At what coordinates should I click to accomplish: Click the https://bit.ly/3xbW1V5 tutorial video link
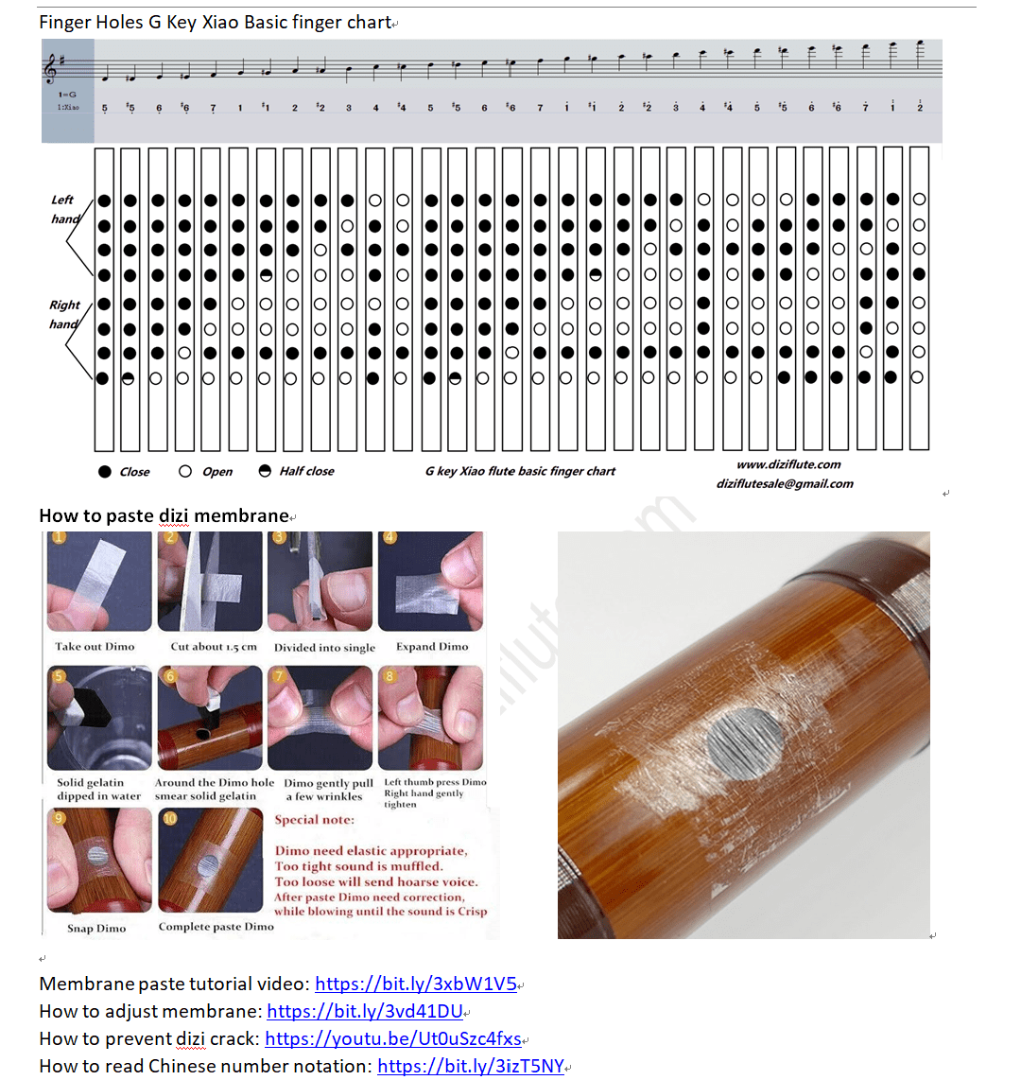[x=415, y=984]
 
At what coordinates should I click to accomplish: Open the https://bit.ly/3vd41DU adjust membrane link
[x=364, y=1011]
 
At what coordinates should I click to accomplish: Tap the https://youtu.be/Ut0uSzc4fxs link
[x=392, y=1038]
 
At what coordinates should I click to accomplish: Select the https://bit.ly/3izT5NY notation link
[x=470, y=1066]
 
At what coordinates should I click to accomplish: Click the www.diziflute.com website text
[x=788, y=464]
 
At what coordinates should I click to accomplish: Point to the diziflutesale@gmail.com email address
[x=784, y=483]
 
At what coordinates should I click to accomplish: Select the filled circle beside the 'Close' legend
[x=105, y=471]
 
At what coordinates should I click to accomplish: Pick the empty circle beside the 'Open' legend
[x=185, y=471]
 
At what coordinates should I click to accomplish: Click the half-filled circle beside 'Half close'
[x=265, y=471]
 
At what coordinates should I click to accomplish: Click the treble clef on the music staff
[x=50, y=68]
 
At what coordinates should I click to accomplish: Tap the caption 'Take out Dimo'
[x=95, y=647]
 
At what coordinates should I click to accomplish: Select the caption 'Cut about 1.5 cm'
[x=214, y=647]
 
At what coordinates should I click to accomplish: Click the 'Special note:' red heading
[x=314, y=820]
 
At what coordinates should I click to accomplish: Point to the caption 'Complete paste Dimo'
[x=216, y=927]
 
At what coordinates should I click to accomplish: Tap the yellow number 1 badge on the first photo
[x=59, y=537]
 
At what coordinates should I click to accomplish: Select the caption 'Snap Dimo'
[x=96, y=928]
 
